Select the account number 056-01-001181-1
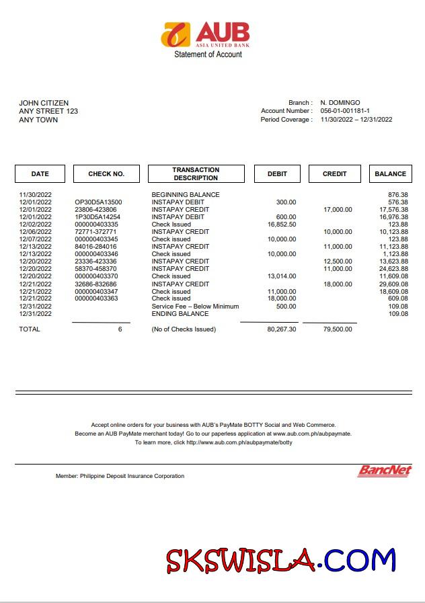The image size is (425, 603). (x=345, y=111)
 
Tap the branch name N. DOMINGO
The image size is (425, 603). (x=340, y=102)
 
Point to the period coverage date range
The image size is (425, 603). (x=356, y=120)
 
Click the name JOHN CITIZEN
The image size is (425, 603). (x=44, y=103)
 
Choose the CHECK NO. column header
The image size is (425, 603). (x=106, y=173)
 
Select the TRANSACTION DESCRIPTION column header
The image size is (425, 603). (x=196, y=173)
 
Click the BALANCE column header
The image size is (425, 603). (x=390, y=173)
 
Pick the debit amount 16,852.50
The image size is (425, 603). (x=282, y=225)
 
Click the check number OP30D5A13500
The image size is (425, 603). (x=98, y=202)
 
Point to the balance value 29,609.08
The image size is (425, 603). (x=393, y=284)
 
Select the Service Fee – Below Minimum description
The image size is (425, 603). (x=195, y=306)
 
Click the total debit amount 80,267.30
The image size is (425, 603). (x=282, y=329)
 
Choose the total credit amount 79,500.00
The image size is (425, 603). (x=338, y=329)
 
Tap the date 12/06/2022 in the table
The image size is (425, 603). (x=35, y=232)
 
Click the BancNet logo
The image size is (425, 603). (x=384, y=471)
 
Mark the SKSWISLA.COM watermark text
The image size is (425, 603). (x=281, y=561)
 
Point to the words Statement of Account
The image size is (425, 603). (x=208, y=54)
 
